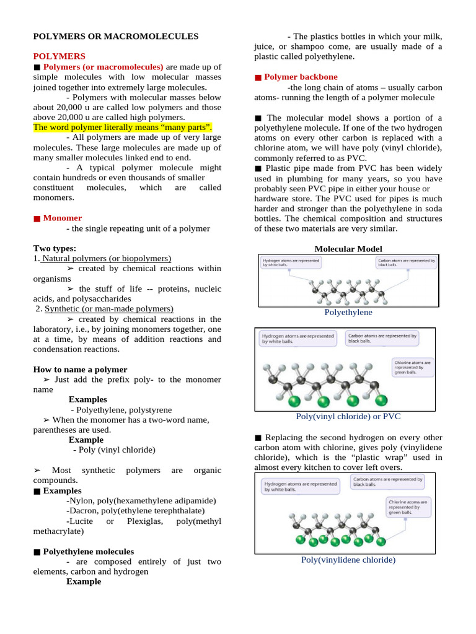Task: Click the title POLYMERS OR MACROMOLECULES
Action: coord(116,37)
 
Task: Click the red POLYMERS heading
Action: coord(59,56)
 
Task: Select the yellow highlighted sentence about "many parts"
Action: coord(123,127)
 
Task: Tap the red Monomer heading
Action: coord(62,218)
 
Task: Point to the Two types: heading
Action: coord(55,248)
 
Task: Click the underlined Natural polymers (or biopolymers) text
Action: coord(105,258)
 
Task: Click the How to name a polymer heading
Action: coord(80,369)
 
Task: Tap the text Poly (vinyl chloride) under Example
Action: coord(114,449)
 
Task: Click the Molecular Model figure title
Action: coord(348,248)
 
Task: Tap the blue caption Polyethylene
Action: coord(348,313)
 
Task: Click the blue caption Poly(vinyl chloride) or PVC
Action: coord(348,417)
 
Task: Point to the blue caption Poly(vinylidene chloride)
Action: coord(348,560)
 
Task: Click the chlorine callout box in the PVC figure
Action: coord(412,368)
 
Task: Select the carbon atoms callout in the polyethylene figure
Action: coord(406,263)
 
